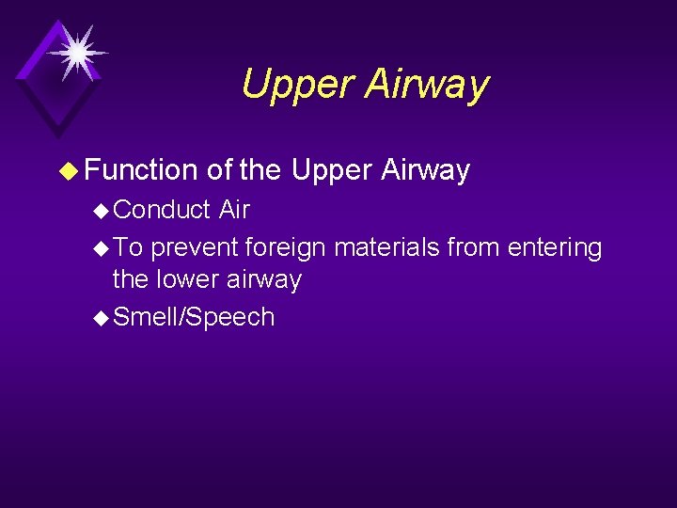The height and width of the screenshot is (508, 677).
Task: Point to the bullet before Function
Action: [68, 171]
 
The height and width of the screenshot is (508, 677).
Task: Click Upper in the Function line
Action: [332, 170]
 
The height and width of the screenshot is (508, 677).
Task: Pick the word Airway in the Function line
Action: [426, 170]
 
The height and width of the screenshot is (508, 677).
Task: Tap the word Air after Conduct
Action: [234, 210]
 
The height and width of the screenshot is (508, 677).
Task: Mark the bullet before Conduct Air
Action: [102, 211]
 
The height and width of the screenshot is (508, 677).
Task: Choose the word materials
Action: [386, 248]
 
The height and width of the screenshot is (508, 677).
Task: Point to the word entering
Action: [554, 248]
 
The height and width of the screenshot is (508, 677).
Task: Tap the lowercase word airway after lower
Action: [268, 279]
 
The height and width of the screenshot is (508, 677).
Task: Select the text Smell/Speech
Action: [194, 317]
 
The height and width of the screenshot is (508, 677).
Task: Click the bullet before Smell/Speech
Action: [102, 318]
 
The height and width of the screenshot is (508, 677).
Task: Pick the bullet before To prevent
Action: [102, 249]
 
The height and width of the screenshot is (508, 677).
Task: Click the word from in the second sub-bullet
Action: [474, 248]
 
